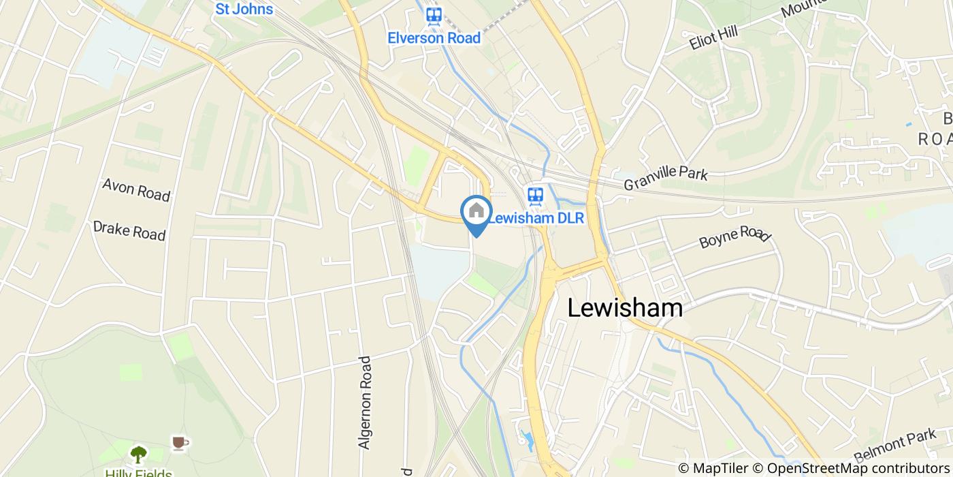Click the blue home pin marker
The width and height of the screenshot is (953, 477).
[x=476, y=211]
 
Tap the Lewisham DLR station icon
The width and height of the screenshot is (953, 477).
[x=535, y=196]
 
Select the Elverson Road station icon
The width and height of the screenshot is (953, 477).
[x=434, y=15]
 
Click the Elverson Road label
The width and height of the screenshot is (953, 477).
[x=434, y=37]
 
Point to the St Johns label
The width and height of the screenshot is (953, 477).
[x=244, y=9]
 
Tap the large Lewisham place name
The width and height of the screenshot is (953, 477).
[x=625, y=308]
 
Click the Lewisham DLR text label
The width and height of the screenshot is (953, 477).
[x=536, y=219]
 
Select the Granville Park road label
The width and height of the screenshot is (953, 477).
[x=666, y=177]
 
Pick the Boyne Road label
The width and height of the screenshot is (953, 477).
[x=734, y=236]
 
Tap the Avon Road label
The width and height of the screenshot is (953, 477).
[x=136, y=189]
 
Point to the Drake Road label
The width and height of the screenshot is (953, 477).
[x=129, y=230]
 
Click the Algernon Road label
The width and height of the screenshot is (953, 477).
[x=366, y=402]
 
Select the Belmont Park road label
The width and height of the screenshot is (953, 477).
[x=895, y=446]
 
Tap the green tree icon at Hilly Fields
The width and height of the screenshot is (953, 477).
[x=139, y=453]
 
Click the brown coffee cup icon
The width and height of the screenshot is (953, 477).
[x=180, y=444]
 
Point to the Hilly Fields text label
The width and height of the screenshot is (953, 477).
[x=138, y=472]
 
